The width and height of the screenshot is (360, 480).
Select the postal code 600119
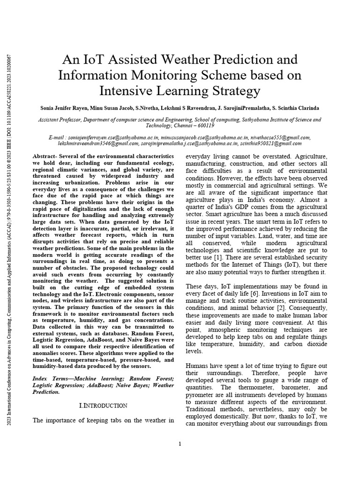pyautogui.click(x=203, y=126)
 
